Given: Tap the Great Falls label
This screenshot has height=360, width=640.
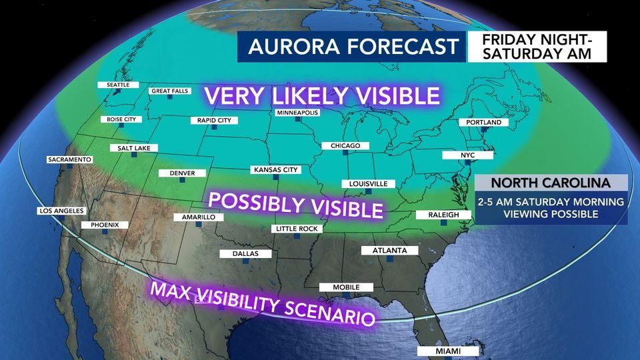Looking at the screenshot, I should (169, 91).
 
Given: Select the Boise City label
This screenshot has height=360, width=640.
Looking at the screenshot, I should (121, 119).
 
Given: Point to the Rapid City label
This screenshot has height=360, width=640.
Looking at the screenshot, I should (214, 120).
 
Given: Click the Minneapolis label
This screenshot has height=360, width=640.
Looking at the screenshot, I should (297, 113).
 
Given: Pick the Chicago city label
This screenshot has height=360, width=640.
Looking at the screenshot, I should (345, 145).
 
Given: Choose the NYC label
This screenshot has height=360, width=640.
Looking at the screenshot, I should (467, 155).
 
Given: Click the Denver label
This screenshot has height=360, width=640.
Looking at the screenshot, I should (182, 173).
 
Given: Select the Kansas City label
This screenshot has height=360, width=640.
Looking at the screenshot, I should (275, 170).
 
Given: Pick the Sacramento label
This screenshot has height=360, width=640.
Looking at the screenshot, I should (69, 160).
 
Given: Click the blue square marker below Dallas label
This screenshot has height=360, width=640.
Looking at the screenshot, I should (245, 262).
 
